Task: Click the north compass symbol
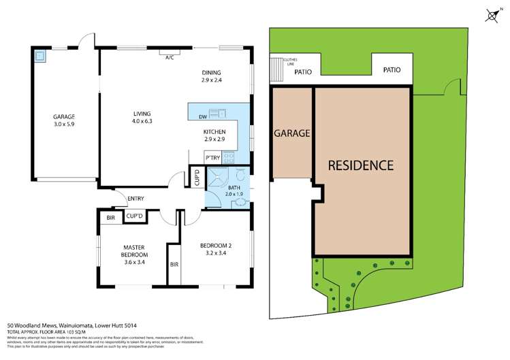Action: [x=492, y=16]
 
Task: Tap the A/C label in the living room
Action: [x=170, y=57]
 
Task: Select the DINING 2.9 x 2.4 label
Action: [x=211, y=76]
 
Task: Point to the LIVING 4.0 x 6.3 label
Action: [x=142, y=117]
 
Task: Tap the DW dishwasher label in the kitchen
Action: [x=203, y=116]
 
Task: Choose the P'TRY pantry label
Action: [x=212, y=157]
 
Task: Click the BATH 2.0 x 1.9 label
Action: [x=234, y=190]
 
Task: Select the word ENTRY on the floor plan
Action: [x=136, y=199]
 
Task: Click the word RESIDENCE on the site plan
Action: [x=361, y=165]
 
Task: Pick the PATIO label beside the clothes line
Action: [x=303, y=71]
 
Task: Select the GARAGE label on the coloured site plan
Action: [x=292, y=133]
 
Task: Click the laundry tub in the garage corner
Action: [x=39, y=57]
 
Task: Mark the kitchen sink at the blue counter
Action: [x=217, y=112]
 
